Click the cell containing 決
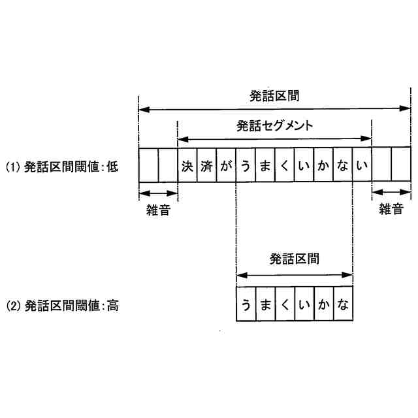tap(187, 166)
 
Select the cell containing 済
tap(207, 166)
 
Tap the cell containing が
tap(226, 166)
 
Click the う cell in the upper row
tap(246, 166)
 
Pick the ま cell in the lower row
tap(265, 304)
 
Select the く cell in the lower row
tap(285, 304)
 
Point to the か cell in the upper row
tap(323, 166)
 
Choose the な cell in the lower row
tap(343, 304)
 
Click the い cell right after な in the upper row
tap(362, 166)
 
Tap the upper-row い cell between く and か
tap(304, 166)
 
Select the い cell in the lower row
tap(304, 304)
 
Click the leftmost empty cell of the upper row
tap(148, 166)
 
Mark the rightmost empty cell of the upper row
tap(401, 166)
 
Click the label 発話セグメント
tap(275, 125)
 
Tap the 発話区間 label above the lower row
tap(295, 259)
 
